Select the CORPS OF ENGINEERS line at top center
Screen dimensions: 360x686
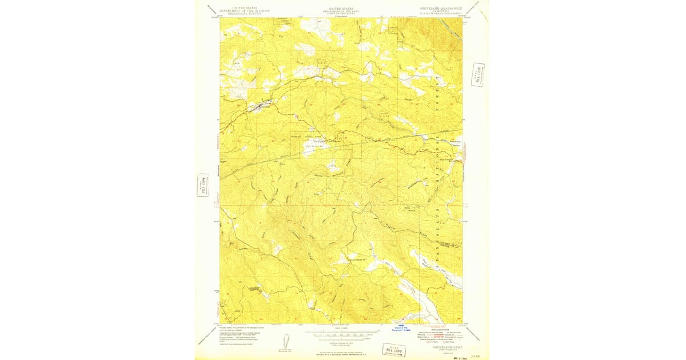click(x=341, y=12)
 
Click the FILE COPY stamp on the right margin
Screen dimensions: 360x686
click(x=478, y=74)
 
